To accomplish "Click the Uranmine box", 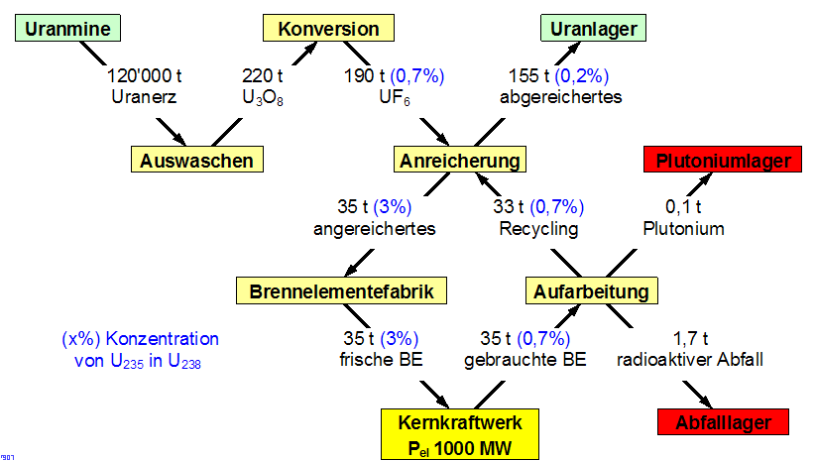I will point(66,29).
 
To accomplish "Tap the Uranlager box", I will point(589,29).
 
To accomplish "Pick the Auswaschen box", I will point(196,159).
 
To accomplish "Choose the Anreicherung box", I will point(459,159).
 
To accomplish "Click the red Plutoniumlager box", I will point(723,159).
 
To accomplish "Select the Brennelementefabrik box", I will point(342,290).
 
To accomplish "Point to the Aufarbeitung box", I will point(591,290).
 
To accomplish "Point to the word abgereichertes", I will point(561,97).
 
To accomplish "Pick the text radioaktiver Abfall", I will point(690,359).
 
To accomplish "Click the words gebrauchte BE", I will point(524,359).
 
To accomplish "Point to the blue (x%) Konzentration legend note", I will point(139,349).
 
